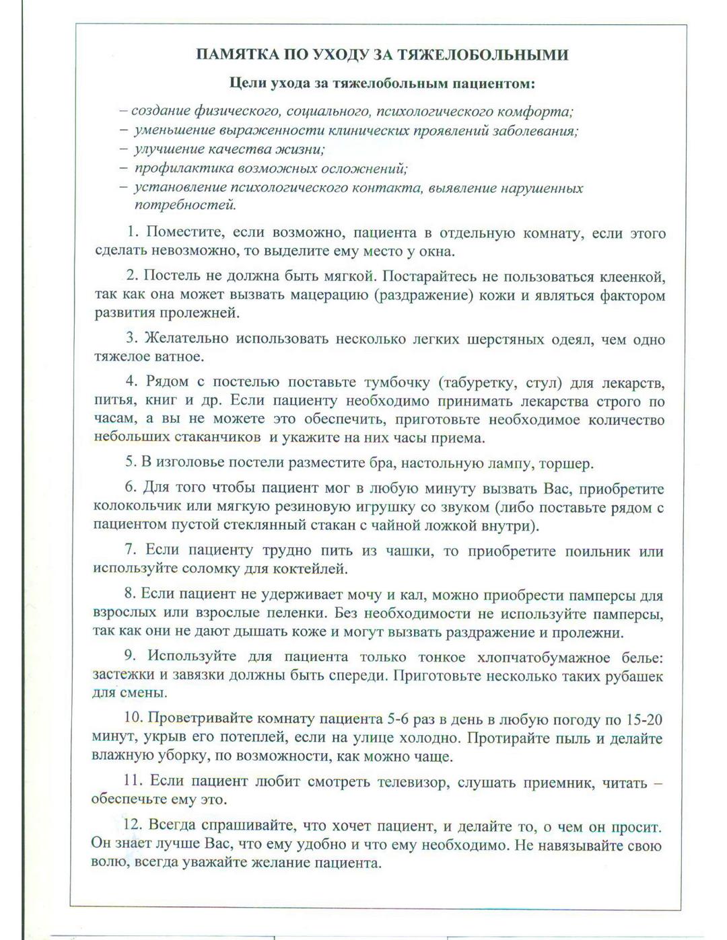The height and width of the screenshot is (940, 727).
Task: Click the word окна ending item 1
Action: (x=438, y=251)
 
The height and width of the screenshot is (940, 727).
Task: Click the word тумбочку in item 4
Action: (x=396, y=383)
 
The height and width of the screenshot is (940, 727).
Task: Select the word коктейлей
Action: (x=315, y=569)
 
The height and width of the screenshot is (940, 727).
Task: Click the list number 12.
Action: (x=132, y=825)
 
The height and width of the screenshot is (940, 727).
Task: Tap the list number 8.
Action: (x=130, y=594)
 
